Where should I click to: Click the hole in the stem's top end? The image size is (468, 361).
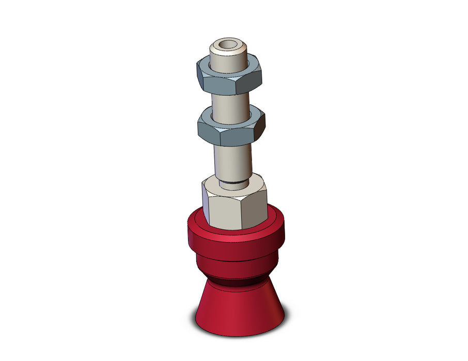tap(226, 45)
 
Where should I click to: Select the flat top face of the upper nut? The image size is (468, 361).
tap(207, 64)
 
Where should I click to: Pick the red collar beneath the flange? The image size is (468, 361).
tap(235, 264)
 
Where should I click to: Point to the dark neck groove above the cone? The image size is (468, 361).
tap(238, 281)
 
